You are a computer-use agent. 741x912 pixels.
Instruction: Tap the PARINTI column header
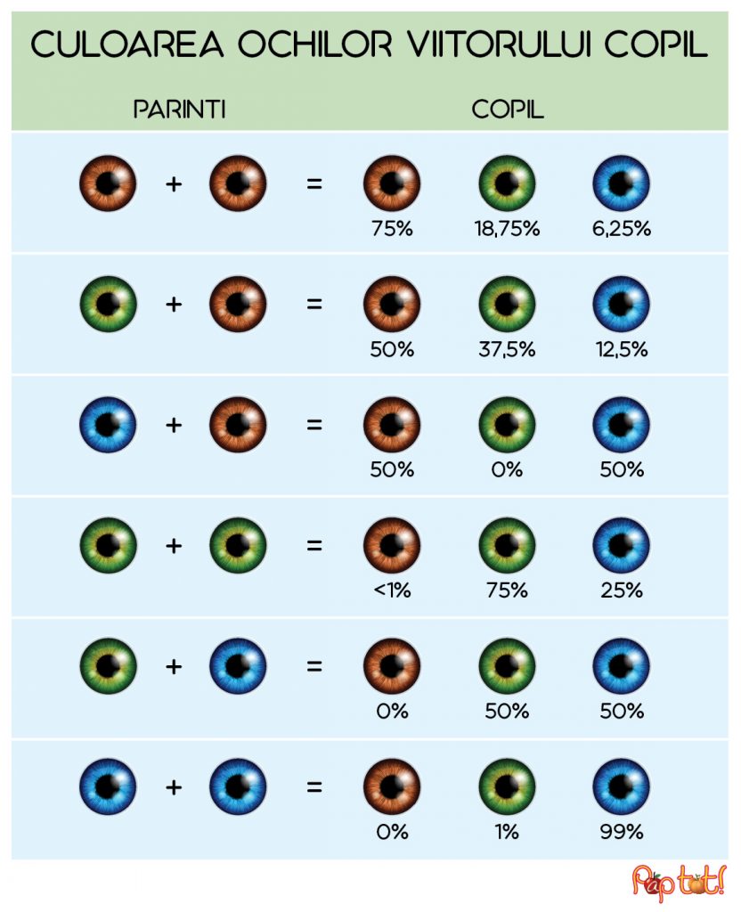pos(179,110)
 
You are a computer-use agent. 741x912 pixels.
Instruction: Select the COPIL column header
pos(508,110)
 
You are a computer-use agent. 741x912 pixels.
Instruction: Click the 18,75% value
pos(507,229)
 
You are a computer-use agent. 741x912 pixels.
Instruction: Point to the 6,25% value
pos(622,229)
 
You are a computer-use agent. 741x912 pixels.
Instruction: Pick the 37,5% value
pos(507,350)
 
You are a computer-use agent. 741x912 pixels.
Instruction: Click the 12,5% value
pos(622,350)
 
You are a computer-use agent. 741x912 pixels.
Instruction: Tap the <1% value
pos(392,590)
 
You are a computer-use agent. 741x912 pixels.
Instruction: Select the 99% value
pos(622,832)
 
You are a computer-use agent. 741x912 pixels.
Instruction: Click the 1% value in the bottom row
pos(507,832)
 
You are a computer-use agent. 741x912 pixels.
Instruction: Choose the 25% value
pos(622,590)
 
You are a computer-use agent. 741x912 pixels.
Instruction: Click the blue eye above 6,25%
pos(622,183)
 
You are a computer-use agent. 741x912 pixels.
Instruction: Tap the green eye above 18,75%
pos(507,183)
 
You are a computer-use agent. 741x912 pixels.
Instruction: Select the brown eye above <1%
pos(392,545)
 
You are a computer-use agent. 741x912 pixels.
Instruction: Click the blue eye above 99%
pos(622,786)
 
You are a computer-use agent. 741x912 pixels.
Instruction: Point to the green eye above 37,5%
pos(507,304)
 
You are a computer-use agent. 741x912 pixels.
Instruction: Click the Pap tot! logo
pos(680,881)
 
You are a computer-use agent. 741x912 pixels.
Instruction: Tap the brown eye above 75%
pos(392,183)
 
